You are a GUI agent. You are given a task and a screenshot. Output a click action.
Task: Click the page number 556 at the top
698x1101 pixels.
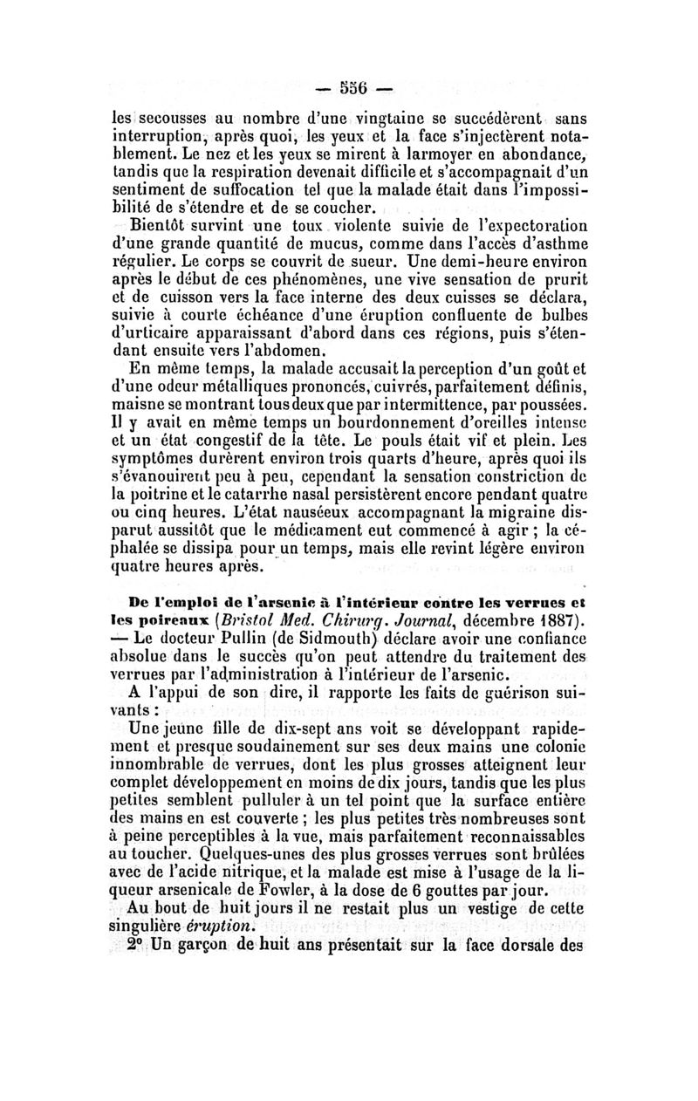tap(351, 90)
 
